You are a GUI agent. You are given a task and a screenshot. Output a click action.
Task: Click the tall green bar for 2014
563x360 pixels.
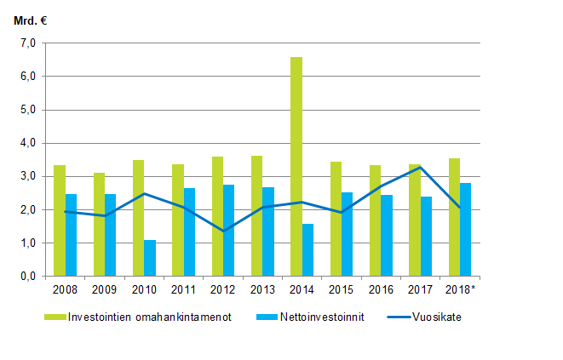pyautogui.click(x=296, y=167)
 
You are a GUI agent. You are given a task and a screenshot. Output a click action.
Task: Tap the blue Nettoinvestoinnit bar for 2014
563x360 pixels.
pyautogui.click(x=307, y=250)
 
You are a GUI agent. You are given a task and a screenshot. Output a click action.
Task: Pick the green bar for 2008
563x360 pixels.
pyautogui.click(x=59, y=220)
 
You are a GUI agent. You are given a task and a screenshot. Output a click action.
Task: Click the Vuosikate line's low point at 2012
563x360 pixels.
pyautogui.click(x=223, y=231)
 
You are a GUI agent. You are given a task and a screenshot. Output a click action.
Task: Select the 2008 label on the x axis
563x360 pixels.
pyautogui.click(x=65, y=290)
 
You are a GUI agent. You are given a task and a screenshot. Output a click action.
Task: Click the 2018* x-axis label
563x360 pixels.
pyautogui.click(x=461, y=290)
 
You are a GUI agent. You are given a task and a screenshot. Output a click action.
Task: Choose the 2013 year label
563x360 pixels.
pyautogui.click(x=262, y=290)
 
